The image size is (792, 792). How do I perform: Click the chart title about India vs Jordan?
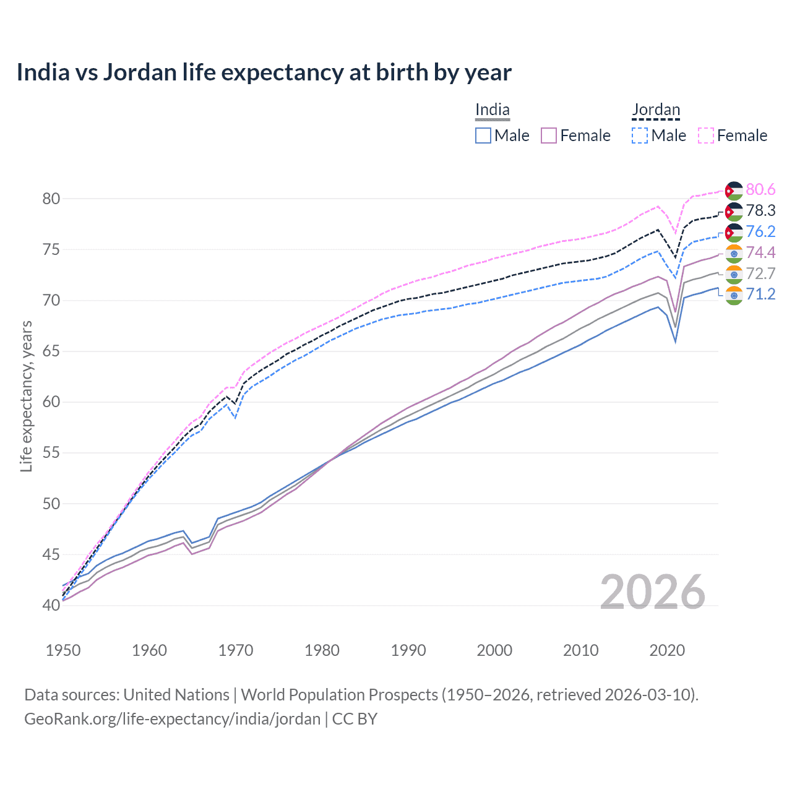[264, 72]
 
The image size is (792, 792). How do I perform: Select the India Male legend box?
[483, 136]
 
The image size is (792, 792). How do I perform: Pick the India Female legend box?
[549, 136]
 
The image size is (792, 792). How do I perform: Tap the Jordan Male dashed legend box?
[640, 136]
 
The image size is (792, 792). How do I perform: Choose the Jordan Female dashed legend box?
[706, 136]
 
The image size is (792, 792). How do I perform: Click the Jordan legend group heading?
[656, 110]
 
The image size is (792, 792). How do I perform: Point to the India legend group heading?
[493, 110]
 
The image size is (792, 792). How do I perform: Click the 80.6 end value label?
[760, 189]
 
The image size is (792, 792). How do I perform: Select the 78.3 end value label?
[760, 210]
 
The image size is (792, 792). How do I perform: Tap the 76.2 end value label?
[760, 231]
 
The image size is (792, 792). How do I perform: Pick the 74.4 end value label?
[760, 252]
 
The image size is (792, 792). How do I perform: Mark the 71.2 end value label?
[760, 294]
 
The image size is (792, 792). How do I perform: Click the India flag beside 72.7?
[734, 274]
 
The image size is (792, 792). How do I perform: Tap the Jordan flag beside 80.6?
[734, 191]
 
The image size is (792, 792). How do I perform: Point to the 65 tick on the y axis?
[51, 351]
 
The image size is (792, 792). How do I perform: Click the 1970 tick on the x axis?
[236, 650]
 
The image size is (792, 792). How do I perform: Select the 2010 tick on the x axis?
[580, 650]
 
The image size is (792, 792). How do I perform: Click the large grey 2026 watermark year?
[652, 592]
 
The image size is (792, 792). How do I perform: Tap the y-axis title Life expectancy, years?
[26, 396]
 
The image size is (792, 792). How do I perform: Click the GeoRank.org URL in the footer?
[172, 719]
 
